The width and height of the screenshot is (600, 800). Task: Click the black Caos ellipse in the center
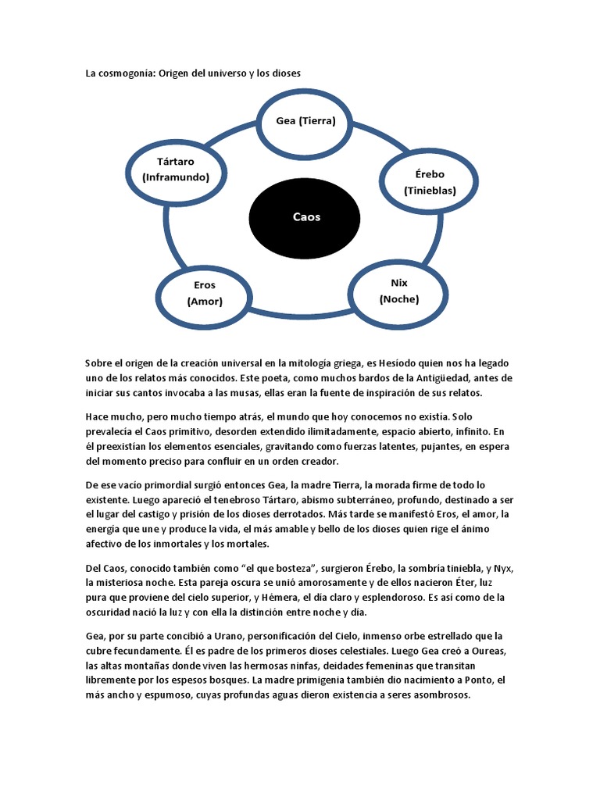(x=305, y=217)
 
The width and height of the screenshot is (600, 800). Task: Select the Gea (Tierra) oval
(x=305, y=121)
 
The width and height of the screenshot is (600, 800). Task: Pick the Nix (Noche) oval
(x=398, y=291)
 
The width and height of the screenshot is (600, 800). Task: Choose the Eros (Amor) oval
(x=205, y=293)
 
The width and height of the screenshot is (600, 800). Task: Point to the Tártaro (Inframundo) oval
(x=176, y=170)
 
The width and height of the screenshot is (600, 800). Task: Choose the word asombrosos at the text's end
(x=441, y=695)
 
